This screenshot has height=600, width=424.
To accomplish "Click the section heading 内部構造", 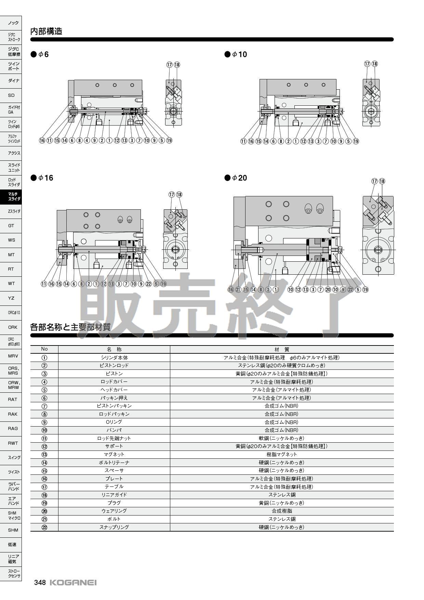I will click(46, 31).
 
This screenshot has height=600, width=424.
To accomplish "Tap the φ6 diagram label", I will click(40, 54).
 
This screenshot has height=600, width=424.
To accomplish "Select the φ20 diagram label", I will click(236, 178).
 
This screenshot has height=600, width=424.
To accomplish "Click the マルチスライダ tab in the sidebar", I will click(11, 196).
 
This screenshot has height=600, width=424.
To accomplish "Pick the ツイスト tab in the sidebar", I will click(11, 472).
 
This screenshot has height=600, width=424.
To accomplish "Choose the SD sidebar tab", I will click(11, 95).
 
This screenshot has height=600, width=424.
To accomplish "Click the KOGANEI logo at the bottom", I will click(73, 583).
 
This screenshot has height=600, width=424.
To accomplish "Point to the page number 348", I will click(40, 583).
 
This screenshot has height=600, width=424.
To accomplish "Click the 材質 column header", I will click(282, 349).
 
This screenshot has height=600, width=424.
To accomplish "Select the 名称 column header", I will click(114, 349).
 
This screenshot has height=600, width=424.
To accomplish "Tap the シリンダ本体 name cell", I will click(114, 357).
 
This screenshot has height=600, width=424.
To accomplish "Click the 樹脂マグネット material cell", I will click(282, 454).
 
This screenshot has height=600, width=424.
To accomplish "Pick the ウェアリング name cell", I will click(114, 511).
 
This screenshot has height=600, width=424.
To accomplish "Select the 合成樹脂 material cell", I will click(282, 511).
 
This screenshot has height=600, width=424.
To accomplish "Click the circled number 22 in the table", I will click(44, 527).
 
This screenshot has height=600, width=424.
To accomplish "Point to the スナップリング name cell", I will click(114, 527).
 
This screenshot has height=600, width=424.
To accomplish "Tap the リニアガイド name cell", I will click(114, 495).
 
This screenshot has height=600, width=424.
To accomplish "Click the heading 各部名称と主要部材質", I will click(70, 327).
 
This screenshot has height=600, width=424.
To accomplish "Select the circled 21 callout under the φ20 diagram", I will click(238, 289).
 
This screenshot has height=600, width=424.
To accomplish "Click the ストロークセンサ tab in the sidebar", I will click(11, 573).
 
